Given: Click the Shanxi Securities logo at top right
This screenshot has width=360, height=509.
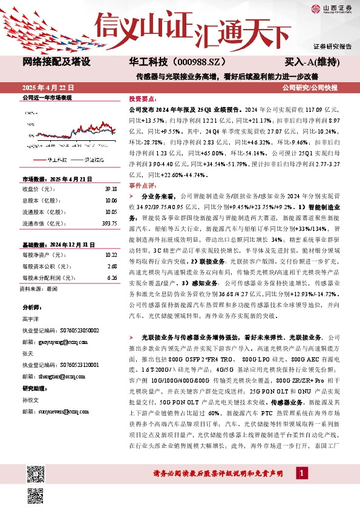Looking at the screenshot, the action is pos(330,8).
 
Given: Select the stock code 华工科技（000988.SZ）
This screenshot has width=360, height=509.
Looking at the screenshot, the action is pos(169,62).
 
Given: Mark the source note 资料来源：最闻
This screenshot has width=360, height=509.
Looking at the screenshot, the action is pos(40,289).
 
